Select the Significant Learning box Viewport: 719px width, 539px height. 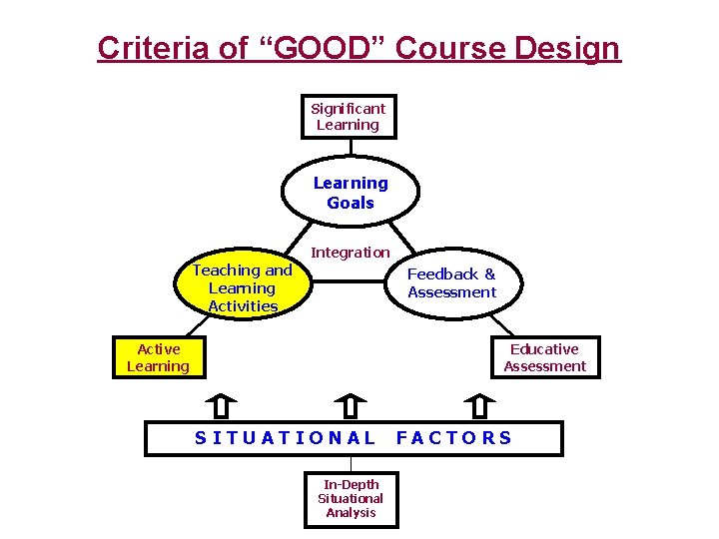point(349,117)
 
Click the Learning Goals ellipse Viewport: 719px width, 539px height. point(351,193)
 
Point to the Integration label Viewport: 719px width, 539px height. point(350,253)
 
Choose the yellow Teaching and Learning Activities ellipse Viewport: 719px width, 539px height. point(243,287)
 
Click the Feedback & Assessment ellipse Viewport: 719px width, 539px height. point(452,283)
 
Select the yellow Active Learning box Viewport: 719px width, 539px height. point(159,357)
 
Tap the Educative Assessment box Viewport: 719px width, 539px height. point(544,357)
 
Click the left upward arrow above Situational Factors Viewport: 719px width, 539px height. point(221,406)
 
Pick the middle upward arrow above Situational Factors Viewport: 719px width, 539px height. point(351,406)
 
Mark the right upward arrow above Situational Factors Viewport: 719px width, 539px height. point(480,406)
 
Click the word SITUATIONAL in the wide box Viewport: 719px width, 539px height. point(286,437)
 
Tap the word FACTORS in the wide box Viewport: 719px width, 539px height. point(454,437)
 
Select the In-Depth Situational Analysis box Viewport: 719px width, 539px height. point(350,498)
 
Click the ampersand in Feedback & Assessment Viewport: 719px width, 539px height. point(489,273)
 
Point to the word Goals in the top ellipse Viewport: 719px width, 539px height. point(351,203)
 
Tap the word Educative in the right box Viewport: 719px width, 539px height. point(544,349)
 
